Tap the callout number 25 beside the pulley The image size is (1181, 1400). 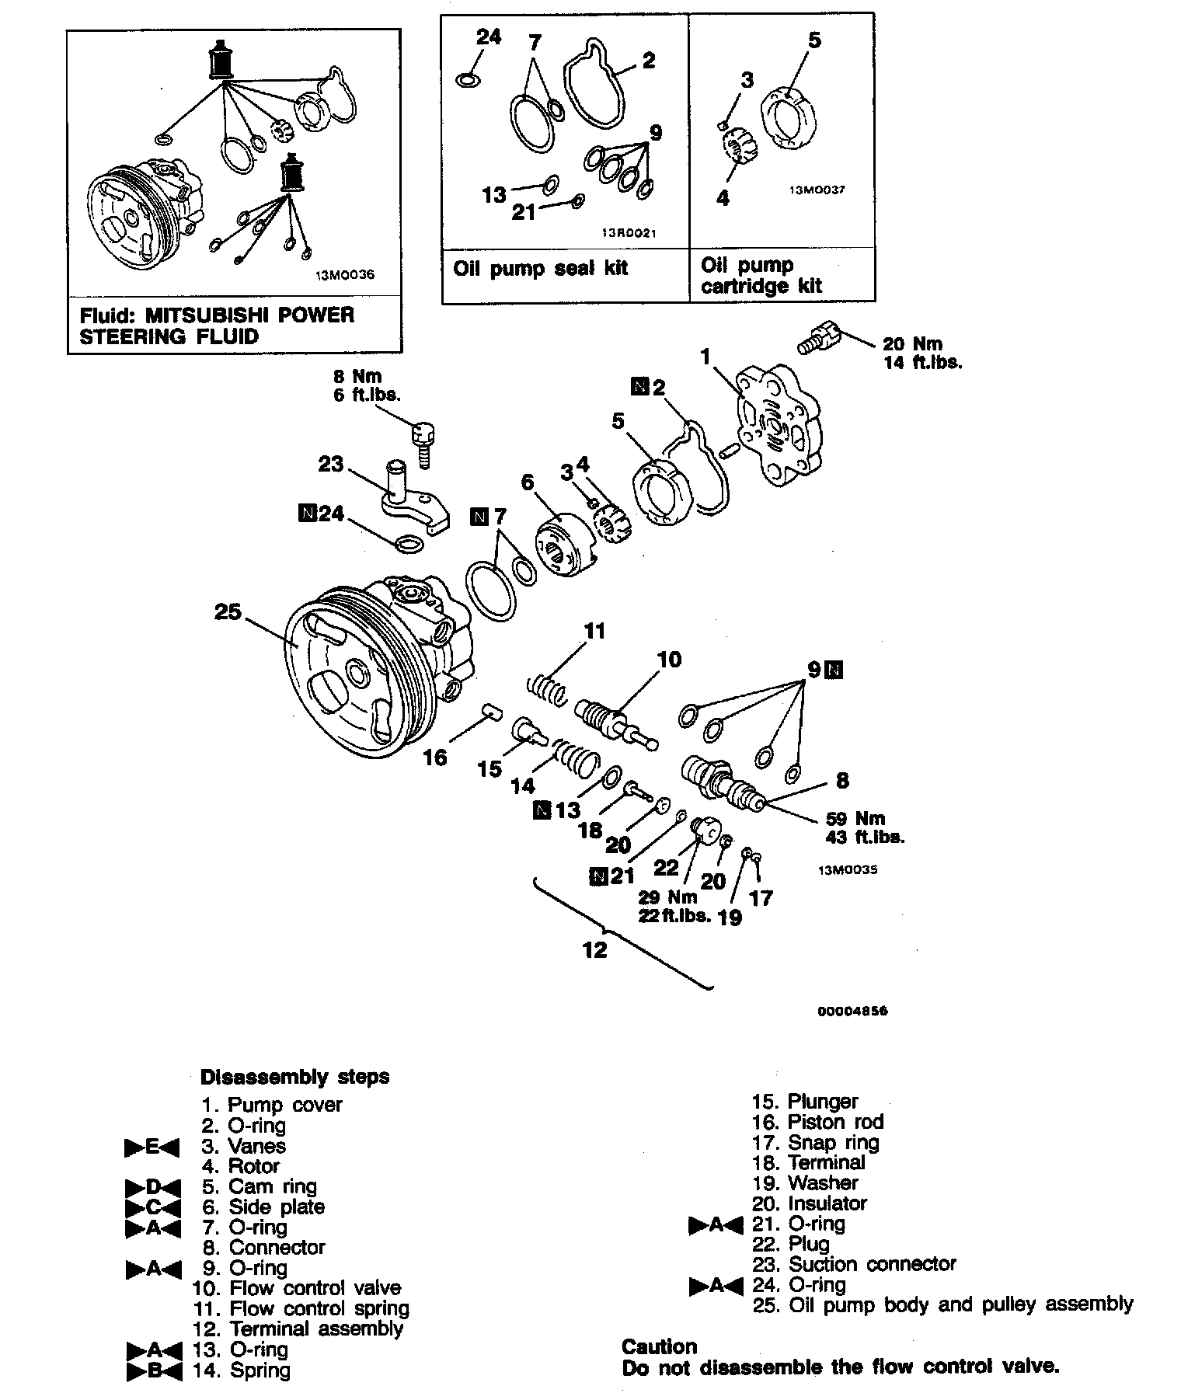[228, 612]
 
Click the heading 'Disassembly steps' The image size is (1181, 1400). [294, 1077]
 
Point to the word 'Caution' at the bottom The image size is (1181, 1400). [659, 1346]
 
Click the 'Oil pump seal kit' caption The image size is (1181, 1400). [540, 269]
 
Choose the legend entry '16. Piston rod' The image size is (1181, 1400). [817, 1122]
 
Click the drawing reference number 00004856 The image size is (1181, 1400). [852, 1011]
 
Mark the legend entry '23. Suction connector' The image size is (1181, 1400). [854, 1264]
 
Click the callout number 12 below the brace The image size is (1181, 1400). [594, 949]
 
